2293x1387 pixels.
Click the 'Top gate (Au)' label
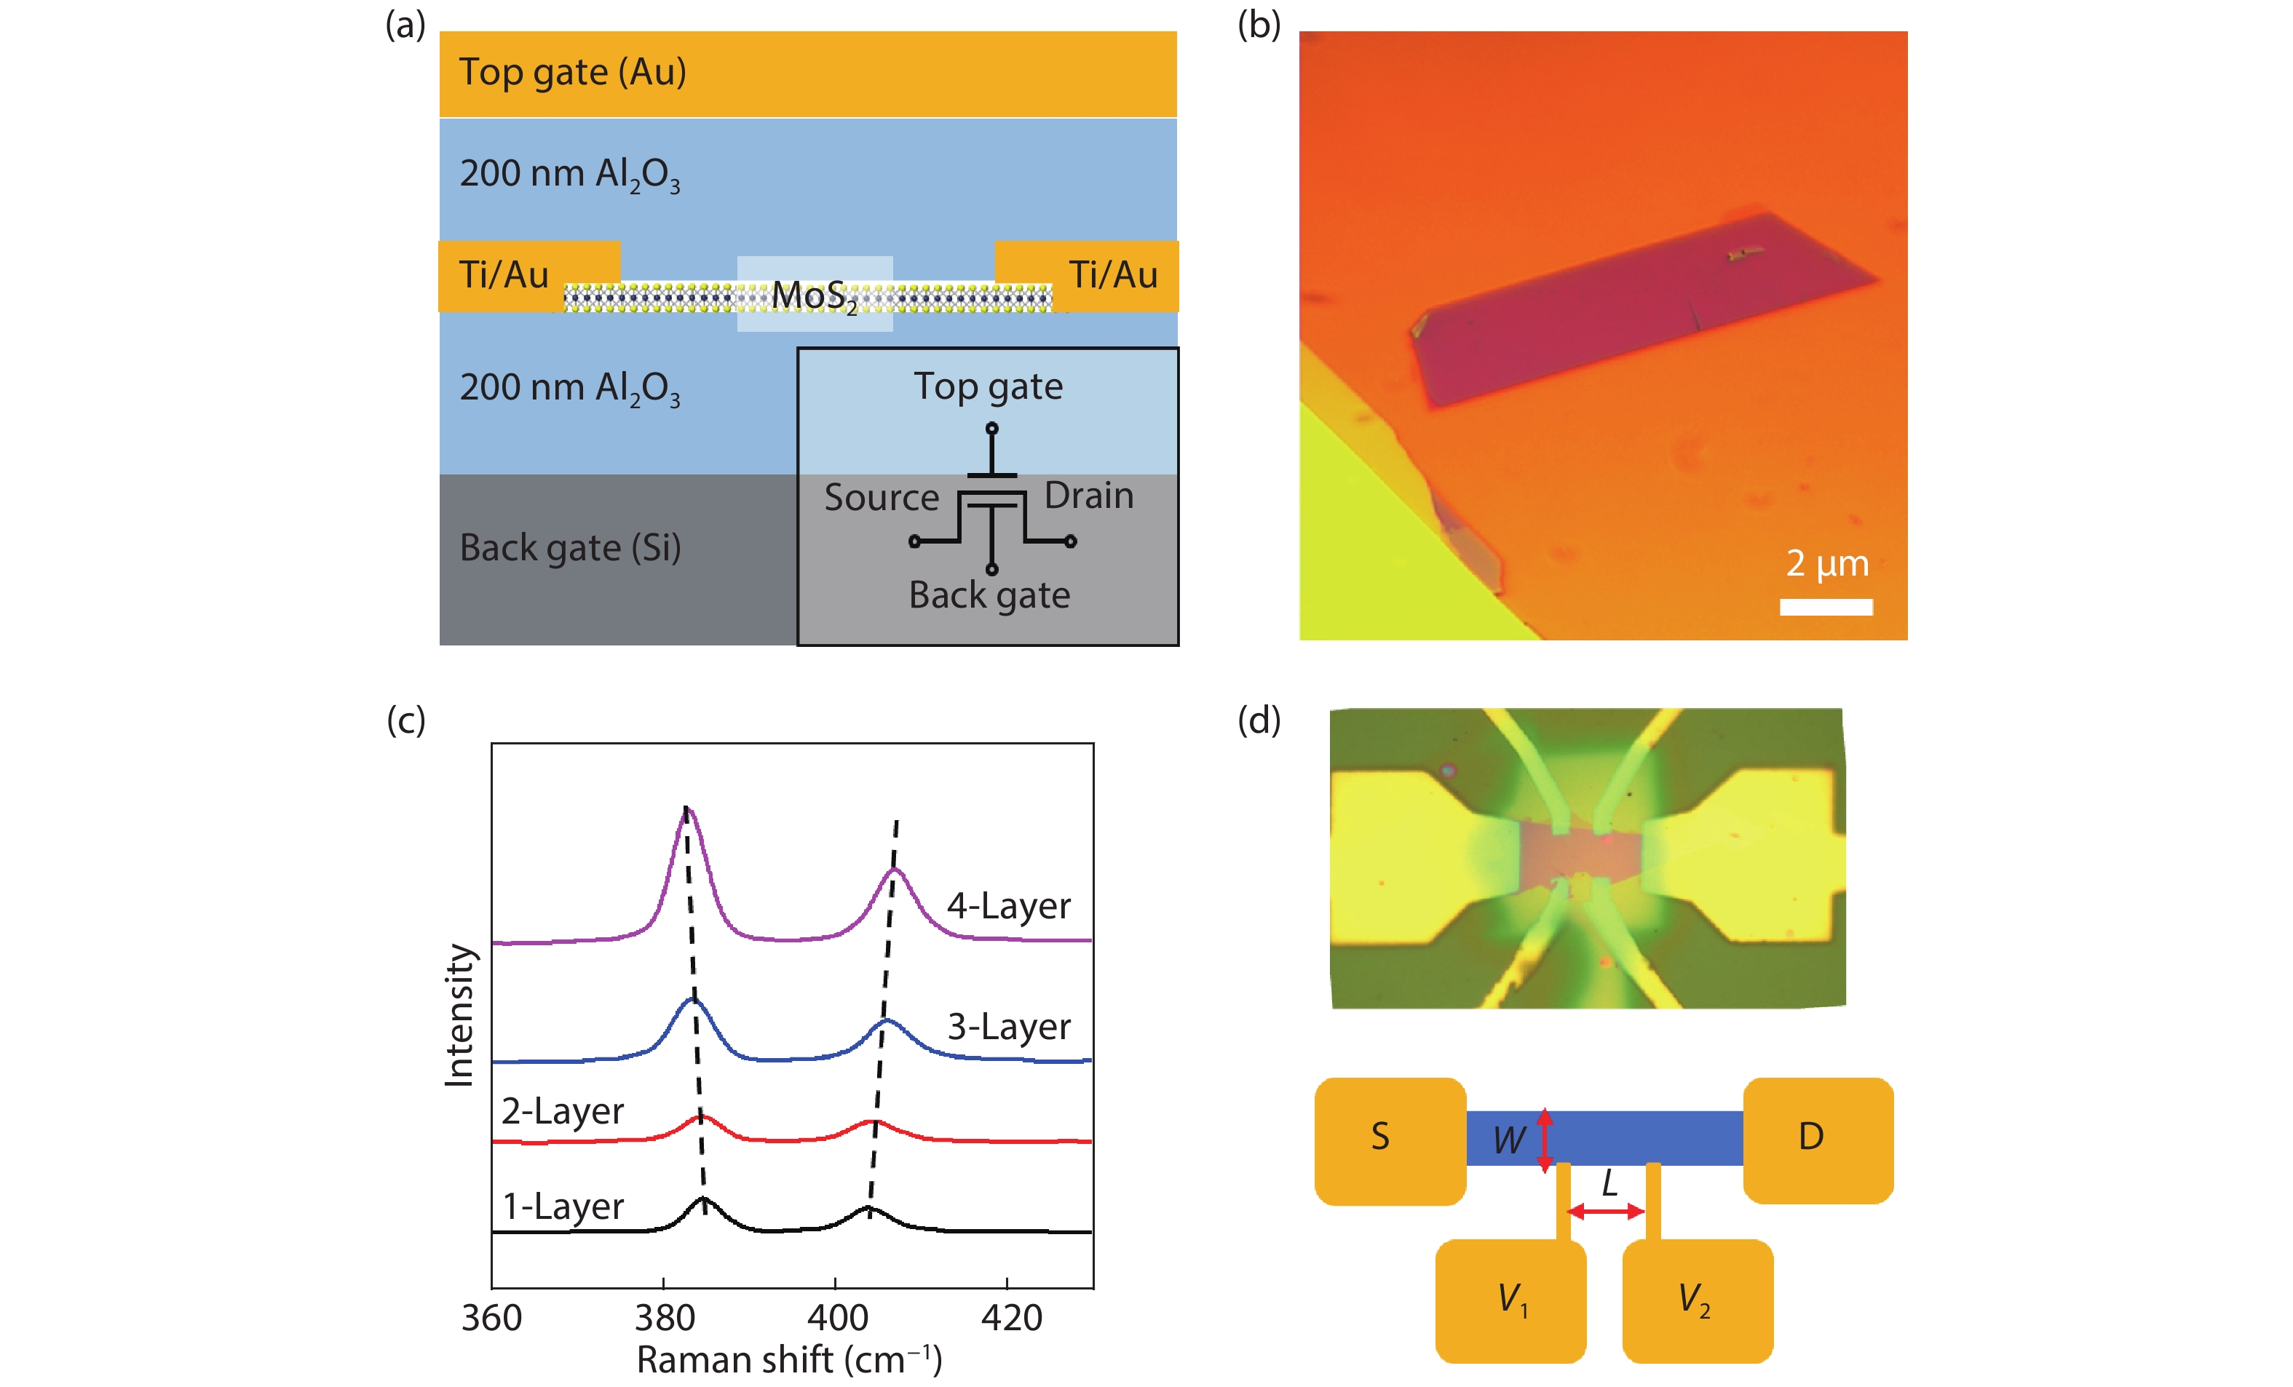[x=572, y=73]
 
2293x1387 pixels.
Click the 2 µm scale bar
[x=1825, y=606]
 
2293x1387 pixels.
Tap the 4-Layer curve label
[x=1008, y=906]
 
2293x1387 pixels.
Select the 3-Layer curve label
[x=1008, y=1027]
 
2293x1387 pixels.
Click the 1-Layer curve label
[x=562, y=1207]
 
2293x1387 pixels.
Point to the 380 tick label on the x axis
[x=665, y=1318]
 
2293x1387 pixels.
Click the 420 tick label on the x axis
[x=1010, y=1318]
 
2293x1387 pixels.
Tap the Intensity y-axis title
[x=460, y=1015]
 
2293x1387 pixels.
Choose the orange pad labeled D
[x=1816, y=1140]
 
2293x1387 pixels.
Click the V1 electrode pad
[x=1510, y=1300]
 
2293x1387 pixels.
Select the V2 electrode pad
[x=1697, y=1300]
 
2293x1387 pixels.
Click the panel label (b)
[x=1258, y=25]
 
